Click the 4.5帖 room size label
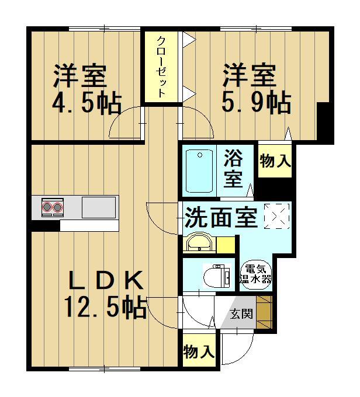click(x=86, y=104)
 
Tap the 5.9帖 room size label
click(x=256, y=103)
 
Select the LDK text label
click(x=106, y=280)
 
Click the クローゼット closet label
click(x=161, y=67)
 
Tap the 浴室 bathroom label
click(x=233, y=168)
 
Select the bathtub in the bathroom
click(x=199, y=171)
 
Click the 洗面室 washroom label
click(x=221, y=218)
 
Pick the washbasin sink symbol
click(x=199, y=242)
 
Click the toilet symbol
click(x=217, y=276)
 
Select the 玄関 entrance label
click(x=241, y=314)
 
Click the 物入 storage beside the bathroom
click(x=275, y=161)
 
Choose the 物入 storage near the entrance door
click(x=199, y=351)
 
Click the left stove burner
click(x=47, y=207)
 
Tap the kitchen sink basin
click(x=99, y=207)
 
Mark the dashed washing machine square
click(x=276, y=216)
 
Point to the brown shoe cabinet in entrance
click(x=264, y=312)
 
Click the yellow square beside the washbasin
click(x=226, y=245)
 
